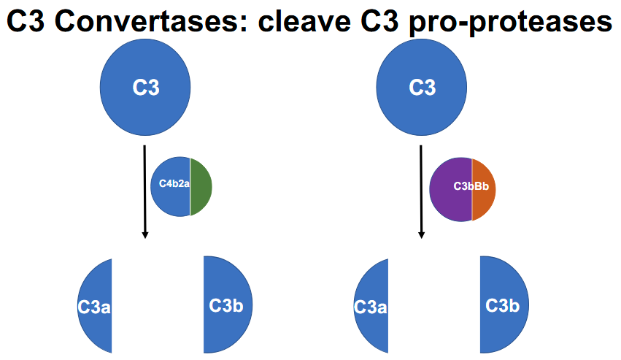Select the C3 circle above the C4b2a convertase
point(145,88)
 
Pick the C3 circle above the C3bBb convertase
point(422,88)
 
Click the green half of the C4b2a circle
point(201,186)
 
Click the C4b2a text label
point(174,185)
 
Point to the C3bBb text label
point(471,187)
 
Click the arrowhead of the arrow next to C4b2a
point(145,234)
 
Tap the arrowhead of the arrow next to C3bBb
point(421,234)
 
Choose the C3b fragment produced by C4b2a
point(225,305)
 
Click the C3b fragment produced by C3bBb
point(502,305)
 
